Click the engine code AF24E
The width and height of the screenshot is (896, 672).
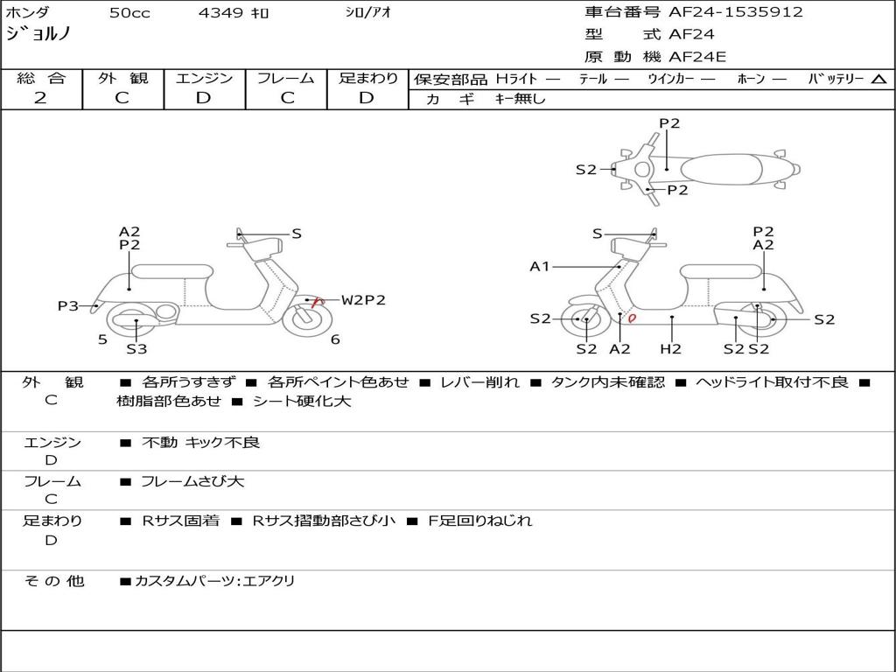click(x=697, y=58)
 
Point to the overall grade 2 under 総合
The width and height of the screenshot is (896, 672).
click(x=40, y=98)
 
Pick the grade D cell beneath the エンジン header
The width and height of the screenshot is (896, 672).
click(x=203, y=98)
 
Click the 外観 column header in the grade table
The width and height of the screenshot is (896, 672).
click(x=122, y=78)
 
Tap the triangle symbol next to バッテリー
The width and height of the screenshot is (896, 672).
click(x=878, y=79)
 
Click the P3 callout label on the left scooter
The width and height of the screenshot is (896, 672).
click(x=67, y=305)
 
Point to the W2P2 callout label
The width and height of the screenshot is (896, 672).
click(x=363, y=300)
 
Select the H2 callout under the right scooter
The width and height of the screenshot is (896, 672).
click(x=671, y=348)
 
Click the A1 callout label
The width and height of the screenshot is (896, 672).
click(x=540, y=266)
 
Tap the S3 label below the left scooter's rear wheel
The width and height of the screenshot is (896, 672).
click(x=136, y=348)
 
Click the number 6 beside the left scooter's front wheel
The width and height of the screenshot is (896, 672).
click(x=335, y=339)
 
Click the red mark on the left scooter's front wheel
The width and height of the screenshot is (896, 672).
click(x=318, y=302)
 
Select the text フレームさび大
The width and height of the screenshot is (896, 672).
click(x=192, y=481)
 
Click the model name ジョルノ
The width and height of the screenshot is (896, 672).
click(x=38, y=35)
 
